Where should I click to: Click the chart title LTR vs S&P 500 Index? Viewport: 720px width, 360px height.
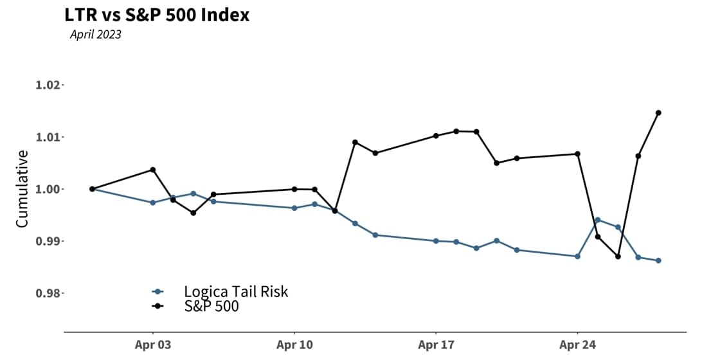coord(157,14)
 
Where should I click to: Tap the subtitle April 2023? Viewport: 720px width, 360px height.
coord(96,35)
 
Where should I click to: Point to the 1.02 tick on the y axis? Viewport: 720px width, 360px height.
coord(49,85)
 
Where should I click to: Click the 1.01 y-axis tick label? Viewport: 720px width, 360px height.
coord(49,138)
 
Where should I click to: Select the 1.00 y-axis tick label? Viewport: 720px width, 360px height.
coord(49,190)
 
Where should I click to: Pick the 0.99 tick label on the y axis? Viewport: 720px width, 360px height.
coord(49,242)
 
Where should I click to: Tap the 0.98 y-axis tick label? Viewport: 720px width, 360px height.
coord(49,294)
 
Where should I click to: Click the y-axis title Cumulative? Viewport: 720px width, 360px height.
coord(22,189)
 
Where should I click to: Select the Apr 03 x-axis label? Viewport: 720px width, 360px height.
coord(153,345)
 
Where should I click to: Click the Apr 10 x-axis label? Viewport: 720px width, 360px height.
coord(294,345)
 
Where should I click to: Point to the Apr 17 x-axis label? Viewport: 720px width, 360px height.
coord(436,345)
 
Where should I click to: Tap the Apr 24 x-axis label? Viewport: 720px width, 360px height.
coord(577,345)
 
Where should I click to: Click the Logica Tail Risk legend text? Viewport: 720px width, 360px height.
coord(236,292)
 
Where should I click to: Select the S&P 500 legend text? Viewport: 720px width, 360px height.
coord(211,307)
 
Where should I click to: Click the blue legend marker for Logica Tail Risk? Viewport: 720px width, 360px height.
coord(157,292)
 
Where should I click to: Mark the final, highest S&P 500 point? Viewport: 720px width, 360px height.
coord(658,113)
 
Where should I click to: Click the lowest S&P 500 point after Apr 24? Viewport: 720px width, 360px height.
coord(618,256)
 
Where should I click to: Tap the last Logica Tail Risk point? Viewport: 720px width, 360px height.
coord(658,260)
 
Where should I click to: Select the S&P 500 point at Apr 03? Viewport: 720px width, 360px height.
coord(153,170)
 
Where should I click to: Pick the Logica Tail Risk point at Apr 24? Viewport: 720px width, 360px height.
coord(577,256)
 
